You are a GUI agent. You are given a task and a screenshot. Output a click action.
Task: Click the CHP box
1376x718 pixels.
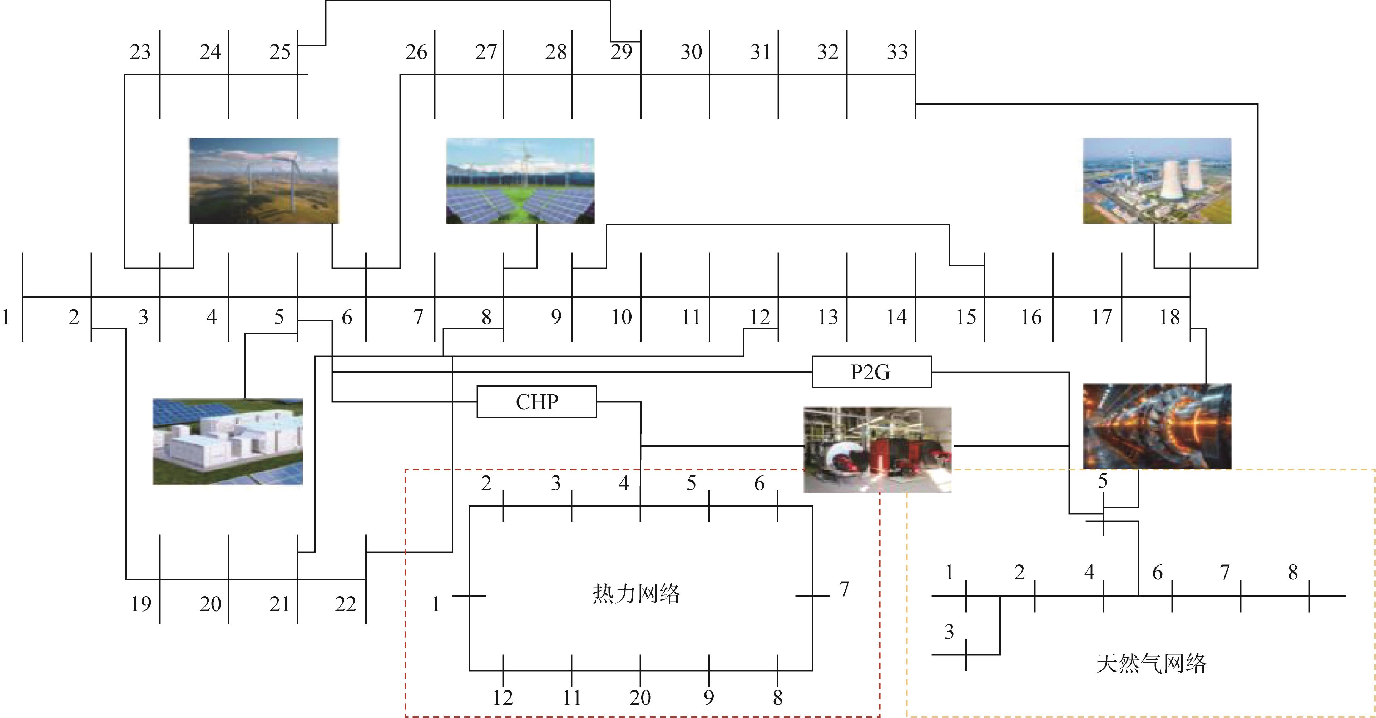[536, 402]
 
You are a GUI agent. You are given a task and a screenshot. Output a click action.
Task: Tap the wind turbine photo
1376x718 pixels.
[264, 180]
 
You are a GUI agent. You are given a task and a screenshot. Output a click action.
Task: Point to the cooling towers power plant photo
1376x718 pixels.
[1157, 180]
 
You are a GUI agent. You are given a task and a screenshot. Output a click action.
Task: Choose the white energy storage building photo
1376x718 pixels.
[228, 442]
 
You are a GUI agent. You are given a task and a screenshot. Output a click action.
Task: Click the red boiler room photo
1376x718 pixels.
[878, 449]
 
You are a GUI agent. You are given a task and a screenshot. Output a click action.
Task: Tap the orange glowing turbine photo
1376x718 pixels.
[1157, 426]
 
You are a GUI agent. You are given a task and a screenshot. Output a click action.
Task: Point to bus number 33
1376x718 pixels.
[897, 52]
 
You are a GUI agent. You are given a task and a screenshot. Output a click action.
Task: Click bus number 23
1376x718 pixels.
[140, 52]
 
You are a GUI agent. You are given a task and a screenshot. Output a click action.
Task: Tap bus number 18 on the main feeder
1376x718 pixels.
[1169, 317]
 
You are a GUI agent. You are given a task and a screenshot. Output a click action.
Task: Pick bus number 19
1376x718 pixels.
[142, 604]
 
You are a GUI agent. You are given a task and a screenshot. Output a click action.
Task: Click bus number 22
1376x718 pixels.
[346, 604]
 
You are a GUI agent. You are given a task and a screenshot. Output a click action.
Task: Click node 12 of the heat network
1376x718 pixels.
[503, 698]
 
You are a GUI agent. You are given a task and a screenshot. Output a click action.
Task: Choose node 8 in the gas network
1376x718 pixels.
[1293, 572]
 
